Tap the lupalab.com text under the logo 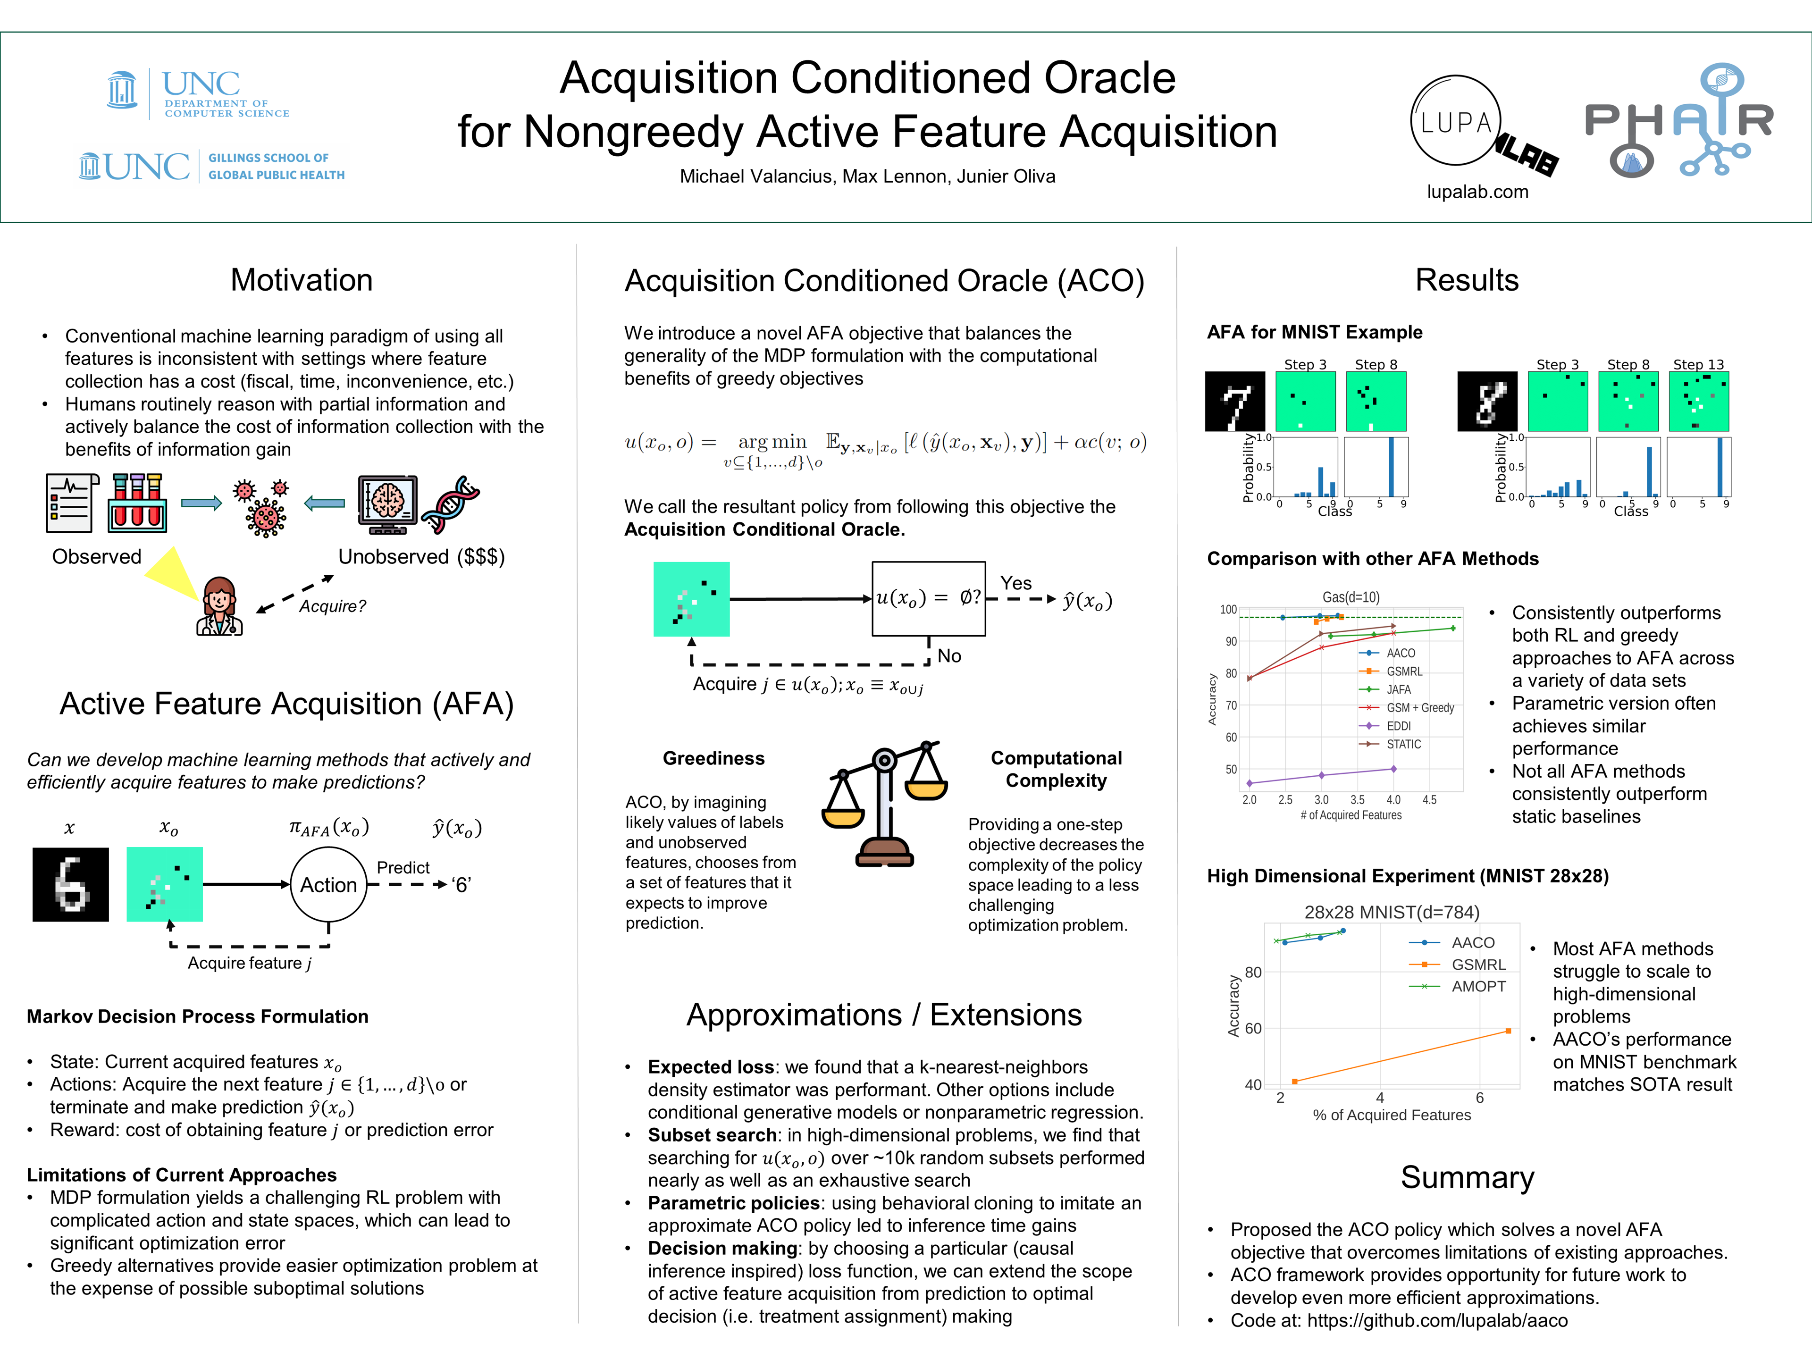pyautogui.click(x=1477, y=192)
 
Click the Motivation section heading pyautogui.click(x=302, y=280)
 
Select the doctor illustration pyautogui.click(x=219, y=606)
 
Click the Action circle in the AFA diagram pyautogui.click(x=328, y=885)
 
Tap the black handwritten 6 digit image pyautogui.click(x=70, y=885)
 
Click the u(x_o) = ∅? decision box pyautogui.click(x=928, y=599)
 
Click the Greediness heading pyautogui.click(x=713, y=759)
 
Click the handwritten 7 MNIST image pyautogui.click(x=1234, y=402)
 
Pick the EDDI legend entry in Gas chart pyautogui.click(x=1398, y=726)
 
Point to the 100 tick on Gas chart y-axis pyautogui.click(x=1228, y=610)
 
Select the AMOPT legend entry pyautogui.click(x=1478, y=986)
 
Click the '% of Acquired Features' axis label pyautogui.click(x=1392, y=1115)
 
